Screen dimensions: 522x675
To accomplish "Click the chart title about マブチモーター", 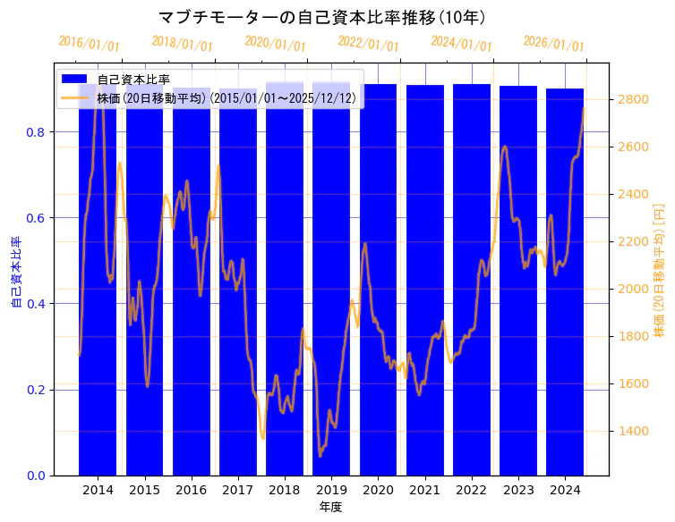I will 322,17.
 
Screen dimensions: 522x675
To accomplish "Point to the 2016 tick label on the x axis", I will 191,490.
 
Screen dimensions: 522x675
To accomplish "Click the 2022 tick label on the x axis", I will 471,490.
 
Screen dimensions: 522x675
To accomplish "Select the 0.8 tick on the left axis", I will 34,132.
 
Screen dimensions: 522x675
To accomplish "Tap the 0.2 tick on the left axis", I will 34,390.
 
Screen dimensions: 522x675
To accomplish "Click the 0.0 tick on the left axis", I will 34,476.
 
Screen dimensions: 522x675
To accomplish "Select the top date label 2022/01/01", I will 368,44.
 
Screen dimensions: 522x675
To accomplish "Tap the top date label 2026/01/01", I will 553,44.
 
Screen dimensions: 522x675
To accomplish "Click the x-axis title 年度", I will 330,507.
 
